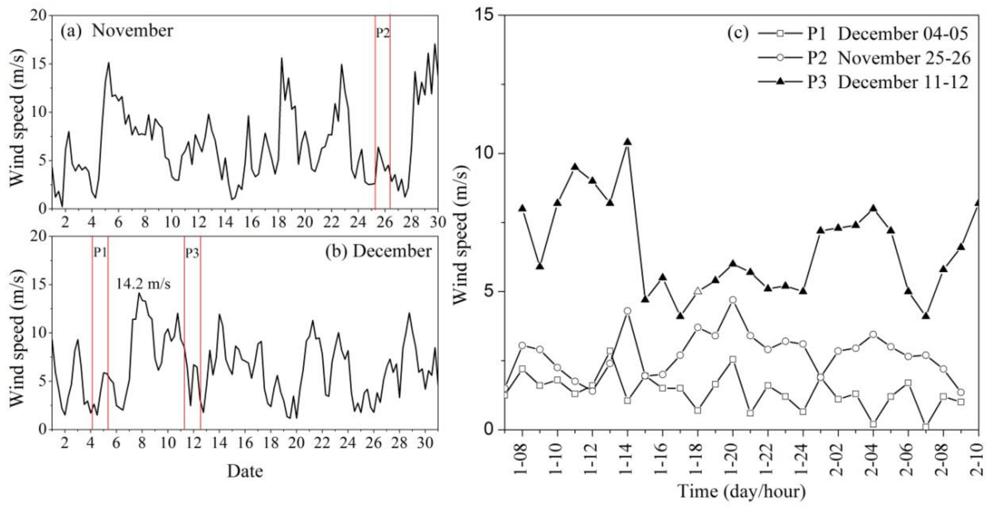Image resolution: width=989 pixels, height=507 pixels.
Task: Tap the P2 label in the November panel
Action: (x=382, y=33)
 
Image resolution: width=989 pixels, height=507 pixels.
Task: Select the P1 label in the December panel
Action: (x=100, y=252)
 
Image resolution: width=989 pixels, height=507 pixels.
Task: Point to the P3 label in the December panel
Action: (x=192, y=253)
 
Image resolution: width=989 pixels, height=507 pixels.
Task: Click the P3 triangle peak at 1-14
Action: (x=627, y=142)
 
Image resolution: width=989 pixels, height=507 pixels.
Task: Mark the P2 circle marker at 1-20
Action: (x=733, y=300)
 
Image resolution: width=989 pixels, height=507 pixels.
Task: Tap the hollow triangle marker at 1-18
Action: (x=698, y=291)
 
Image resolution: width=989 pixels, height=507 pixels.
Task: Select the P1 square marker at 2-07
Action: (x=925, y=427)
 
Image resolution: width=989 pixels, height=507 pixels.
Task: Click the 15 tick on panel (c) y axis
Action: (x=486, y=15)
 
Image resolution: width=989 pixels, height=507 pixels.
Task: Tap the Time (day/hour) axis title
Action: (x=741, y=492)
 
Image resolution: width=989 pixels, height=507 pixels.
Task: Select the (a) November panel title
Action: (x=117, y=31)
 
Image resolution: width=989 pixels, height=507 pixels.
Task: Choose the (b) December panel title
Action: (x=378, y=251)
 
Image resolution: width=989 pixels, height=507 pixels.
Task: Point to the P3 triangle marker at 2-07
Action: (x=925, y=316)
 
